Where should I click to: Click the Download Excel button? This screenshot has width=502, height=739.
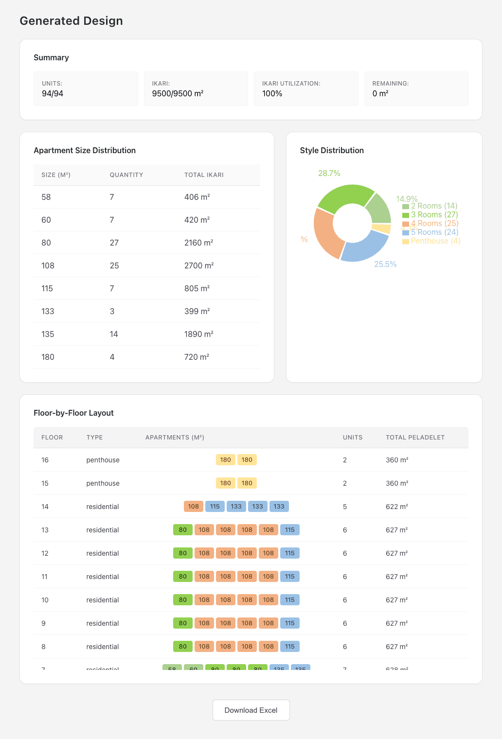[x=251, y=710]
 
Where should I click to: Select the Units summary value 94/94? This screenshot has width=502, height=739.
[x=53, y=94]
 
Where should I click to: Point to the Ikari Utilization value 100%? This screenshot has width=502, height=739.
[x=272, y=94]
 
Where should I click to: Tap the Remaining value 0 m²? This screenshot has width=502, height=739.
[x=380, y=94]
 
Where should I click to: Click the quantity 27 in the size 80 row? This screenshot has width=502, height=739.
[x=114, y=243]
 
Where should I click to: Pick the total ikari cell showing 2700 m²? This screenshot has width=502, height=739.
[x=199, y=265]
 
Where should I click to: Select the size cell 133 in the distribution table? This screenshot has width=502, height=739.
[x=48, y=311]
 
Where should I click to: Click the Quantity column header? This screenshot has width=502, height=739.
[x=126, y=175]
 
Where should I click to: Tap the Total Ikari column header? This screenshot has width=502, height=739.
[x=204, y=175]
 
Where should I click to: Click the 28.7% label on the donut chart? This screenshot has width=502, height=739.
[x=329, y=174]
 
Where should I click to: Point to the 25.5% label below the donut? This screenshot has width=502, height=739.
[x=385, y=264]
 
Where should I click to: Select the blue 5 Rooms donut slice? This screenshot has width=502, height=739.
[x=365, y=247]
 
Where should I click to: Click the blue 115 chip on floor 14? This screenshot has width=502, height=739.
[x=215, y=507]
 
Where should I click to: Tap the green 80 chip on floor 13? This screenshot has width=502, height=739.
[x=183, y=530]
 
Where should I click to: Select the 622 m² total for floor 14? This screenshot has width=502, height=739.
[x=397, y=507]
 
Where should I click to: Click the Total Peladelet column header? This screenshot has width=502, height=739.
[x=415, y=438]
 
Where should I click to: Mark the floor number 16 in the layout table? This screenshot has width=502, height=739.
[x=45, y=460]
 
